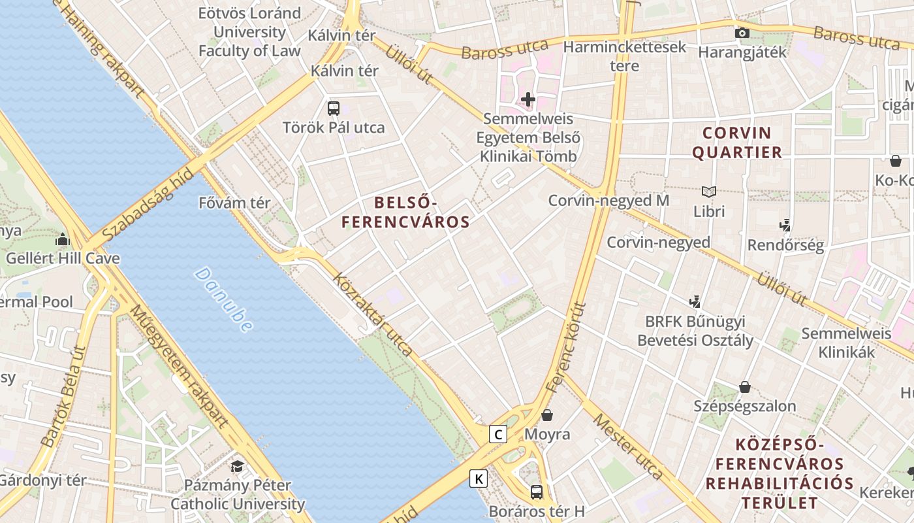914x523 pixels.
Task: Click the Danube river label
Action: click(223, 299)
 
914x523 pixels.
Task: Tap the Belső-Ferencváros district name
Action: click(405, 212)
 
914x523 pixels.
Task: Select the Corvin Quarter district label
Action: click(736, 143)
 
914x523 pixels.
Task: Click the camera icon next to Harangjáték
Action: click(742, 33)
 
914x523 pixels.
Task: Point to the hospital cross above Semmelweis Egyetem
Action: click(528, 99)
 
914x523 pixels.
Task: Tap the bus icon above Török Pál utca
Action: click(334, 109)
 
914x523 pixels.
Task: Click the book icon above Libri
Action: click(709, 192)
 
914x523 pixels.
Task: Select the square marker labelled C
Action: click(498, 433)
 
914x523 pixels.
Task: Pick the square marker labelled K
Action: click(479, 479)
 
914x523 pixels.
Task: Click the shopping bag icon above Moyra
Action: click(547, 415)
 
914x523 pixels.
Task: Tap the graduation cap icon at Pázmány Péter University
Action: click(237, 466)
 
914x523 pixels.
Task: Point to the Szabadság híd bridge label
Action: click(148, 204)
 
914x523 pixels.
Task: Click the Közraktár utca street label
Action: click(372, 314)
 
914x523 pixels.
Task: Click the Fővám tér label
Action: click(234, 203)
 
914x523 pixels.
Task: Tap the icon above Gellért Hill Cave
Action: click(63, 239)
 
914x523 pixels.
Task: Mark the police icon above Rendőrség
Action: click(785, 226)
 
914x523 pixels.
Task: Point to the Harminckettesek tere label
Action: click(625, 56)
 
